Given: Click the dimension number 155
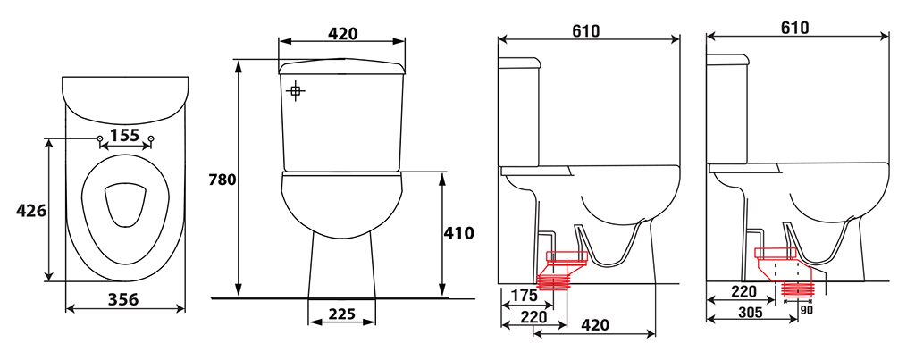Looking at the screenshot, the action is coord(124,136).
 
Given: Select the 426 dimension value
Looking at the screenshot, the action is coord(31,210).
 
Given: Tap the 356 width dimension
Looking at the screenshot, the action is coord(123,299).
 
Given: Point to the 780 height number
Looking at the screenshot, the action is coord(222,180).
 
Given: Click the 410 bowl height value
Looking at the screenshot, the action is coord(458,233).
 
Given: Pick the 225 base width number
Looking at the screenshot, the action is coord(341,314).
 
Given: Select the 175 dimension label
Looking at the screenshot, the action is coord(524,295).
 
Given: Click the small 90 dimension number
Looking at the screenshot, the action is coord(806,310).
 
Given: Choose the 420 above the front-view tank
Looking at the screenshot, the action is coord(342,33).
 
